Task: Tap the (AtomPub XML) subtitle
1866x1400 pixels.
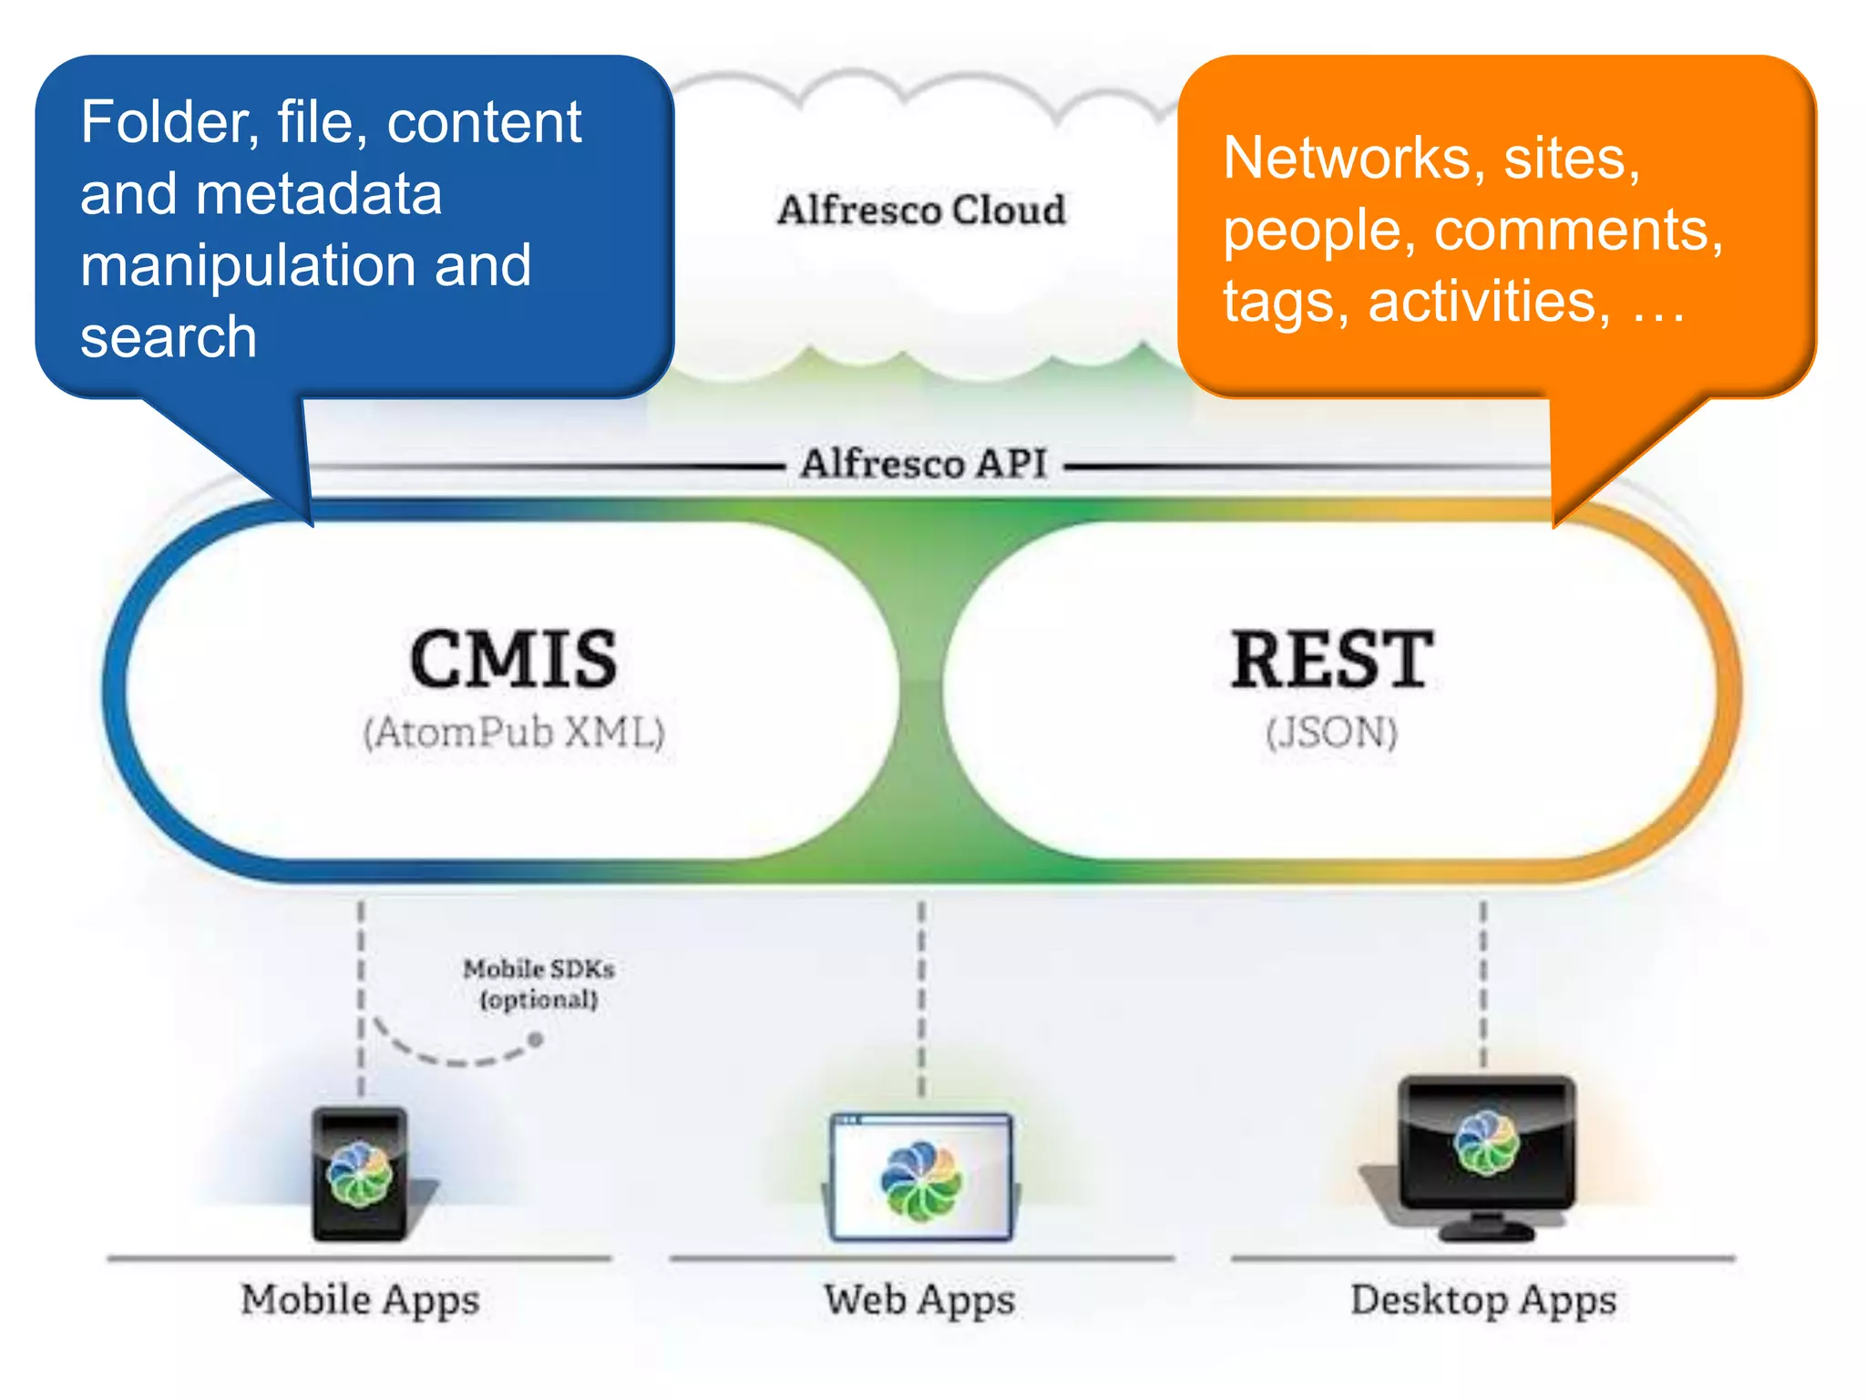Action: click(x=514, y=733)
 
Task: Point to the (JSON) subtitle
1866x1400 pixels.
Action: click(x=1331, y=733)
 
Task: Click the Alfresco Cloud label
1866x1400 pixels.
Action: click(x=921, y=210)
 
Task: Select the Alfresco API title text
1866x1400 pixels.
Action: click(x=923, y=463)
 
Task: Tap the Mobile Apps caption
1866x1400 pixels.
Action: click(x=360, y=1300)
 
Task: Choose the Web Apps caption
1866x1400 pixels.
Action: click(x=919, y=1300)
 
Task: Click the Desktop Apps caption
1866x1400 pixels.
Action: click(x=1483, y=1300)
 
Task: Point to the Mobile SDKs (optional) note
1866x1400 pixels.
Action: click(x=538, y=983)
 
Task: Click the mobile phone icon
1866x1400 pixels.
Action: click(x=360, y=1174)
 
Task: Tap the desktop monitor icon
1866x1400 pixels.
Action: click(x=1485, y=1153)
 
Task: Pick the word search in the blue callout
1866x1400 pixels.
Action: click(x=169, y=337)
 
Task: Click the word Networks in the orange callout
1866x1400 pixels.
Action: click(x=1347, y=159)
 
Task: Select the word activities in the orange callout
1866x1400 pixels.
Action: click(x=1489, y=302)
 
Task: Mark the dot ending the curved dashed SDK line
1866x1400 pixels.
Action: click(x=536, y=1039)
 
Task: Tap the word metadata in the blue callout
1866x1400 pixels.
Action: click(x=318, y=194)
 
